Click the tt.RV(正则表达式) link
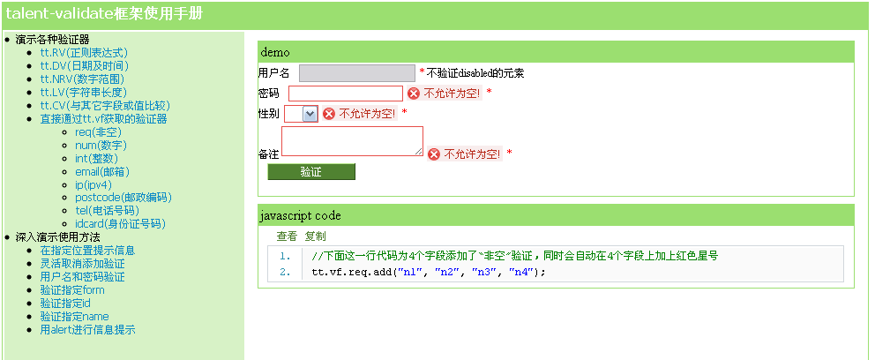[x=84, y=52]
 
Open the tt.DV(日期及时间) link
[x=85, y=66]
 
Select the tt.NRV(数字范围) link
[x=82, y=79]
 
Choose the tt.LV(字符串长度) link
[x=84, y=92]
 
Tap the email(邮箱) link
[x=102, y=172]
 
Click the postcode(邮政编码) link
[x=123, y=198]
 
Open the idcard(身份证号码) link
[x=121, y=224]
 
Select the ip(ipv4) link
[x=93, y=184]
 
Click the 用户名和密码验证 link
[x=83, y=277]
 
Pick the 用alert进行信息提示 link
[x=87, y=329]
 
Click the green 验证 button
[x=311, y=172]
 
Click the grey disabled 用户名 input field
[x=357, y=73]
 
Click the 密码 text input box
[x=346, y=94]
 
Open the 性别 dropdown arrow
[x=310, y=114]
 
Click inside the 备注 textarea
[x=352, y=141]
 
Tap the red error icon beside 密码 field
[x=414, y=94]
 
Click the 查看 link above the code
[x=287, y=236]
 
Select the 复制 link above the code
[x=315, y=236]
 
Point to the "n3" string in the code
[x=484, y=273]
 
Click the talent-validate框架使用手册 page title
[x=104, y=14]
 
